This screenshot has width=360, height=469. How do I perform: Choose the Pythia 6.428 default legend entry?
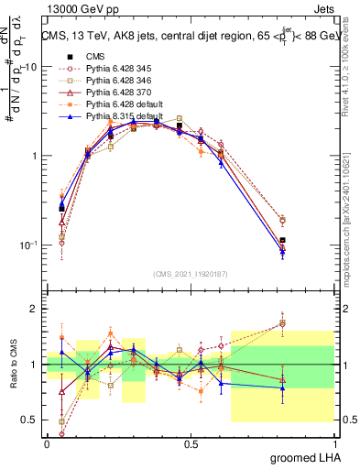pos(118,106)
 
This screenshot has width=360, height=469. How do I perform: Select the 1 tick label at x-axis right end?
pos(334,443)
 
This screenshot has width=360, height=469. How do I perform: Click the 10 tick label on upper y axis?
pos(30,67)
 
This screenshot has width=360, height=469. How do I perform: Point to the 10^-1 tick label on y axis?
pos(28,245)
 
